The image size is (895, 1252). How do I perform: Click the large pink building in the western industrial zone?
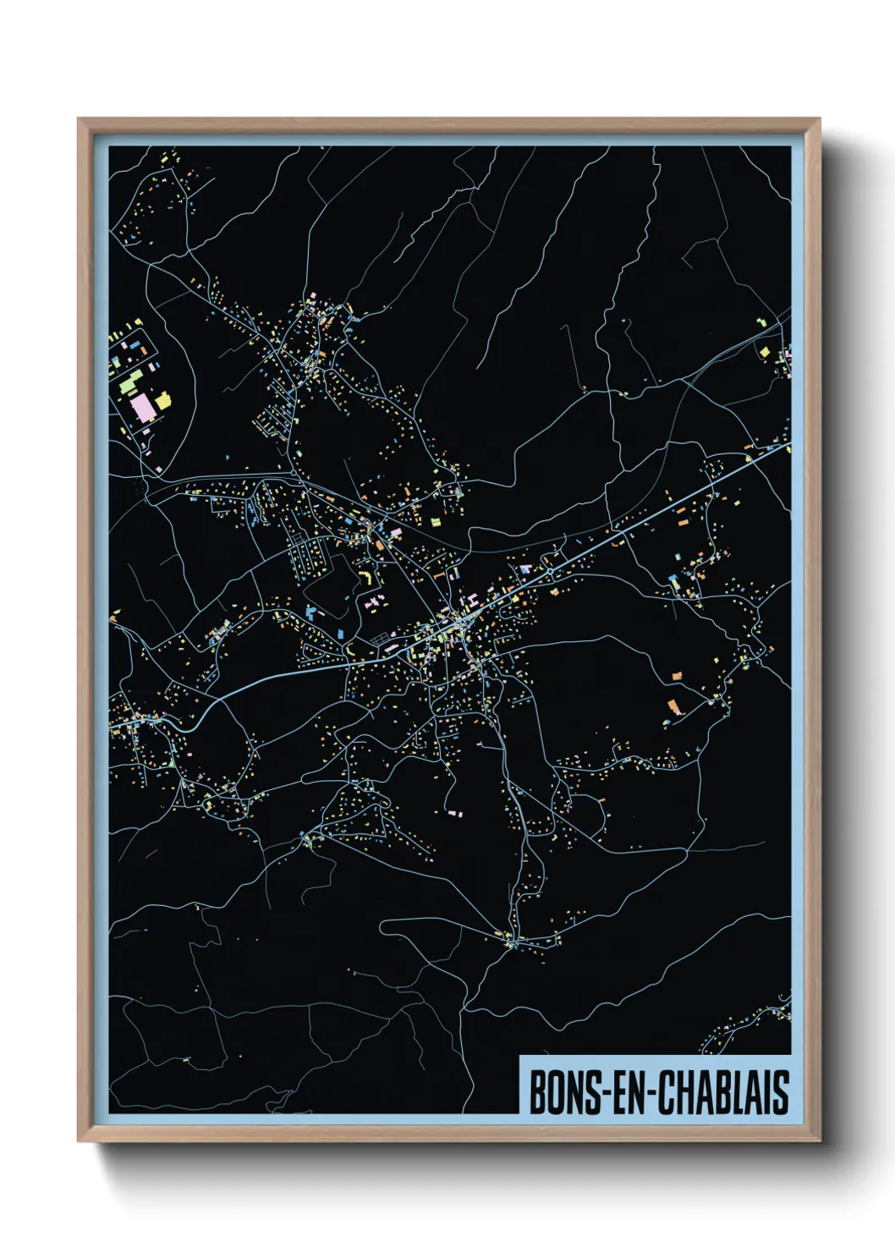click(x=142, y=409)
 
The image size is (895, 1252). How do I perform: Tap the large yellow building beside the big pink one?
click(x=162, y=399)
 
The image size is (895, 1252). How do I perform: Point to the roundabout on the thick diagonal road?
click(x=551, y=573)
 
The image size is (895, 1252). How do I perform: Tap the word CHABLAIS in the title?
click(x=723, y=1092)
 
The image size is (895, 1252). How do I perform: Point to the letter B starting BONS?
click(x=537, y=1092)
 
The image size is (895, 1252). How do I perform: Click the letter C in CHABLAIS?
click(x=665, y=1092)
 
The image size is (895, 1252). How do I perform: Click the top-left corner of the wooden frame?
click(x=79, y=120)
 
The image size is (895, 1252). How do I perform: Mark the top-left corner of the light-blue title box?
click(x=519, y=1057)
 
